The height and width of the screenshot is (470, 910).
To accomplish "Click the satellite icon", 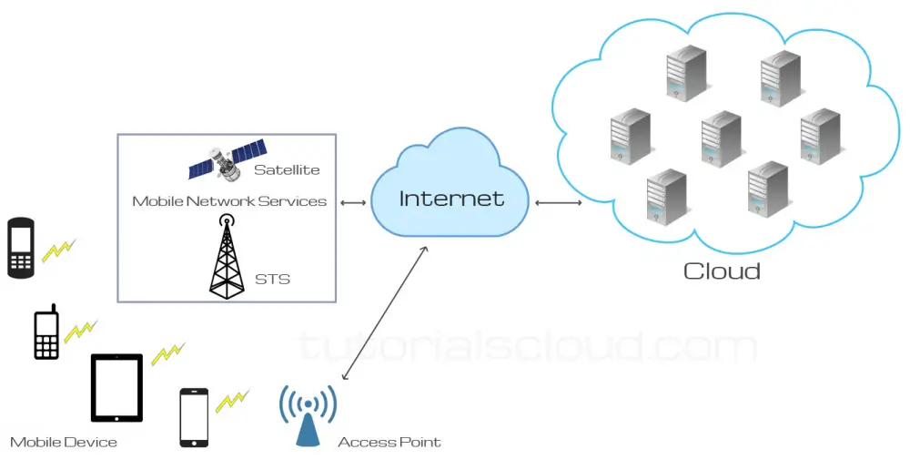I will [227, 159].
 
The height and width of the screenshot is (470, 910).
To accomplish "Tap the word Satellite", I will [287, 169].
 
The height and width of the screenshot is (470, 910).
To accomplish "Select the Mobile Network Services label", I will [229, 200].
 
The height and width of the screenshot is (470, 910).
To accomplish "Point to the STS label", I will [272, 279].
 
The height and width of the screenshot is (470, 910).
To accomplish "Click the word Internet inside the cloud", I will [451, 198].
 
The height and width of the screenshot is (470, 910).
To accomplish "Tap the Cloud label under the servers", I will [722, 271].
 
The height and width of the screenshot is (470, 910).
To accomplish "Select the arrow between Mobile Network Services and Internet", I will [352, 202].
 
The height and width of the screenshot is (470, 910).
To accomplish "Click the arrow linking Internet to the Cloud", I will [559, 202].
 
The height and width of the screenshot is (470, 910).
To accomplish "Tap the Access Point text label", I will [389, 443].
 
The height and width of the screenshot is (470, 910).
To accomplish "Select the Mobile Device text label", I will [64, 443].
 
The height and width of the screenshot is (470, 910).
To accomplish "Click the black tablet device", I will [116, 388].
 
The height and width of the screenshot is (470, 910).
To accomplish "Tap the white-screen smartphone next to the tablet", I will [194, 417].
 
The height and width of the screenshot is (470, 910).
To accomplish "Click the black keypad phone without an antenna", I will [21, 247].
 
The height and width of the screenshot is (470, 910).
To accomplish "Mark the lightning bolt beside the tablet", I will [167, 353].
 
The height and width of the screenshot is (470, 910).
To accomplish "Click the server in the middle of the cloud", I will [721, 139].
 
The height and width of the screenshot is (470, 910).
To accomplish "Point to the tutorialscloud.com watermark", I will [528, 346].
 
